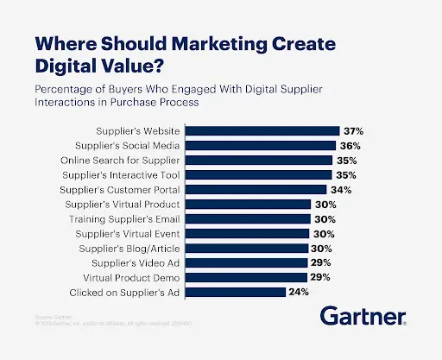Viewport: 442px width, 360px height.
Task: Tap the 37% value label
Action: pos(352,131)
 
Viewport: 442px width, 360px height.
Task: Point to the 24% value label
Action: pos(299,293)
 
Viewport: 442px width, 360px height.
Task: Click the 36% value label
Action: pos(349,146)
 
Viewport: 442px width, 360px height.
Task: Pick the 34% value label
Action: pos(339,190)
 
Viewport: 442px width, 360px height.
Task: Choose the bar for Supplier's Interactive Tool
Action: pos(260,175)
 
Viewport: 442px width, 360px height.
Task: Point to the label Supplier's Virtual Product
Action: pos(123,205)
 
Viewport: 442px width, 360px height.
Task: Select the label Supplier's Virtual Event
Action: pos(128,234)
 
